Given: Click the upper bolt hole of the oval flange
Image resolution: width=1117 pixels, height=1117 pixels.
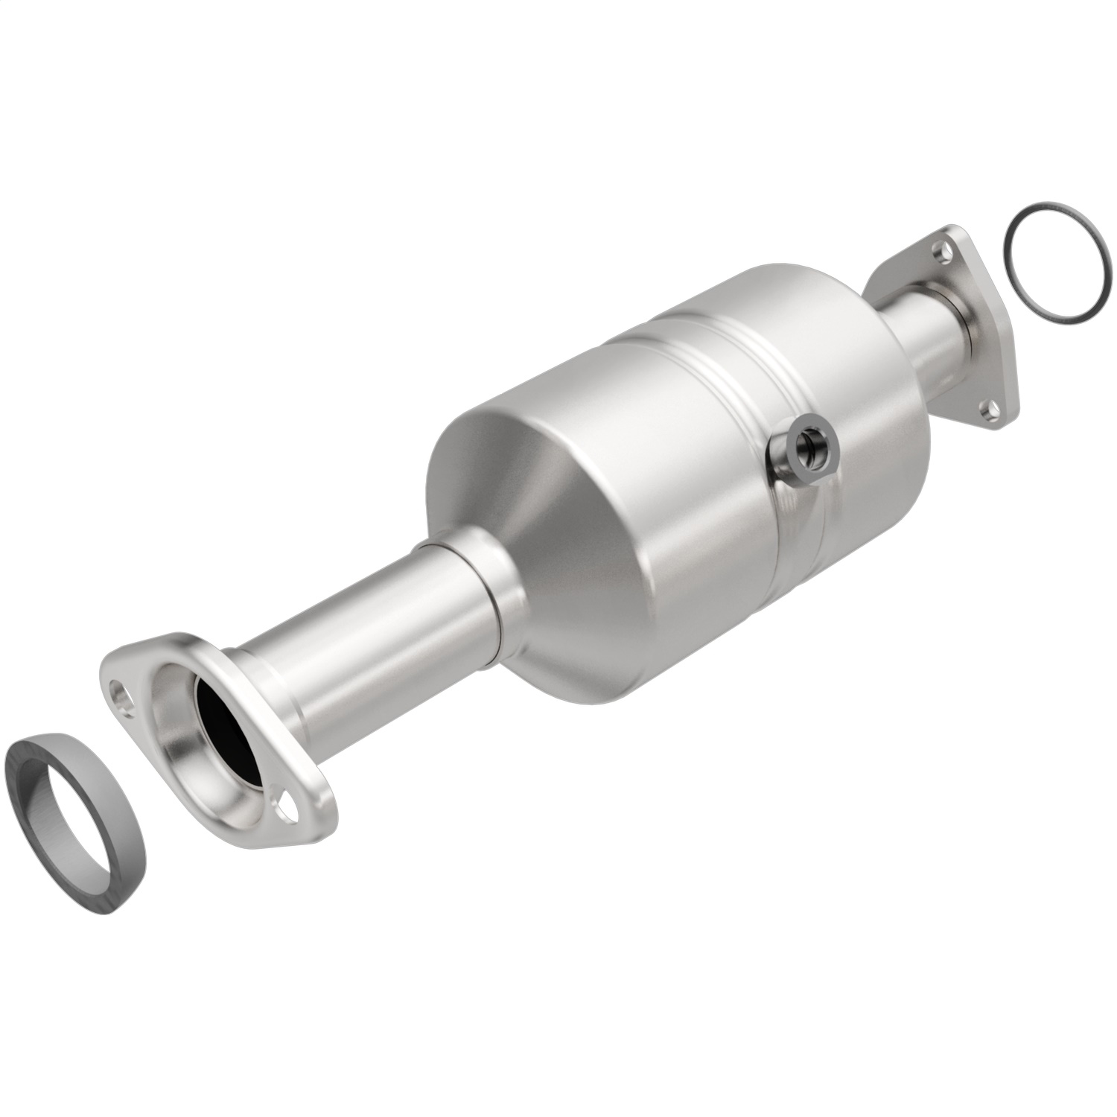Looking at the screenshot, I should click(x=118, y=688).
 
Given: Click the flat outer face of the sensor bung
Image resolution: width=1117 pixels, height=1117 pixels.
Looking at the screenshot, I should click(x=819, y=462).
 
